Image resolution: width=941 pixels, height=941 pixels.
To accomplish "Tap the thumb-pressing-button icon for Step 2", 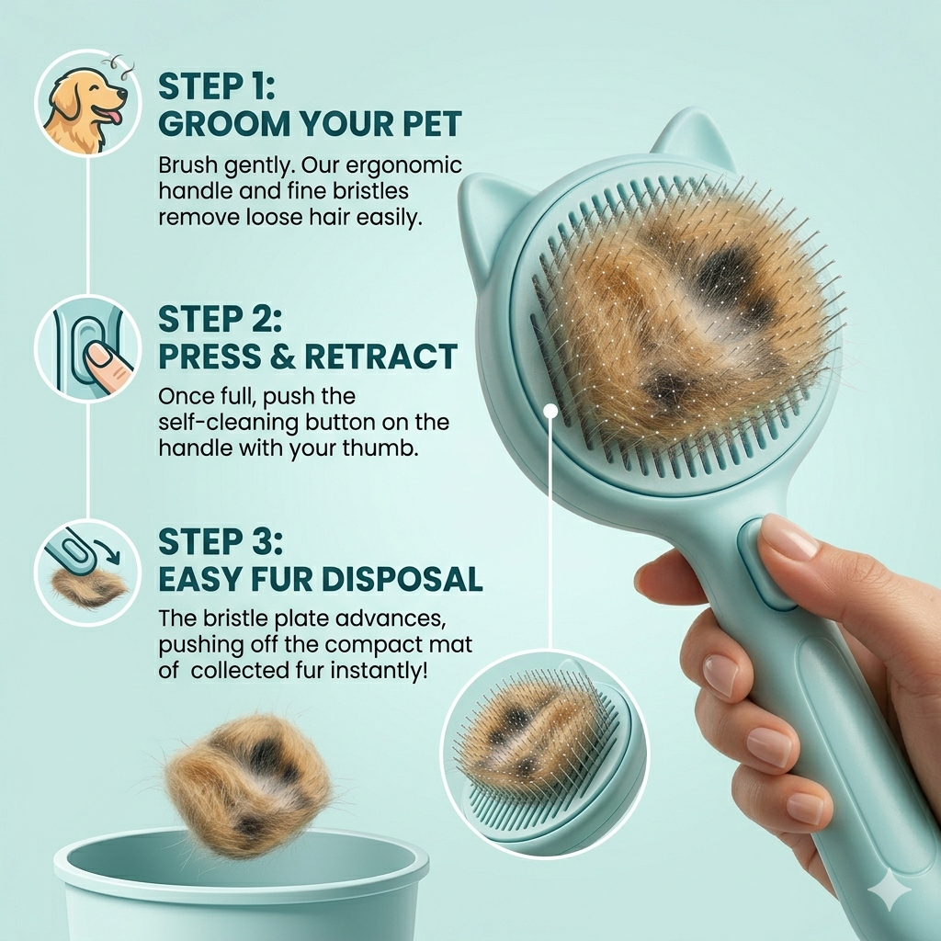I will [x=87, y=347].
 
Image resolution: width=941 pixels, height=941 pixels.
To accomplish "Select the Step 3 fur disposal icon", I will [x=87, y=572].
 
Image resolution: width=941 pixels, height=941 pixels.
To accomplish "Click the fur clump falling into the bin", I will [x=248, y=786].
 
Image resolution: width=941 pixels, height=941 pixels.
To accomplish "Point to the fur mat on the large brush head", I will [x=685, y=317].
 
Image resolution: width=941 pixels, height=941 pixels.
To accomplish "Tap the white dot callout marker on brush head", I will [x=550, y=411].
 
